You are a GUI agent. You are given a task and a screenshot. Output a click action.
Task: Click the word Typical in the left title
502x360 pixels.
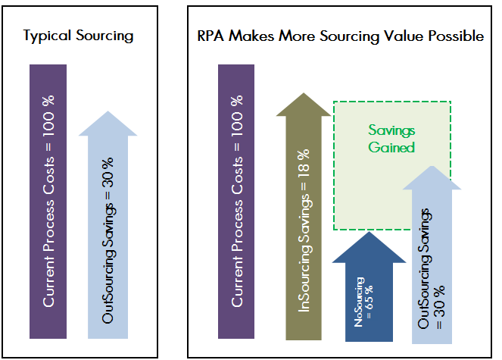(47, 36)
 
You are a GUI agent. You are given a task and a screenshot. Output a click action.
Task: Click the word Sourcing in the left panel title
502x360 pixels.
(104, 36)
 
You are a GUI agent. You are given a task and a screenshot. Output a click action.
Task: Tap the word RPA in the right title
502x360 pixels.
(210, 36)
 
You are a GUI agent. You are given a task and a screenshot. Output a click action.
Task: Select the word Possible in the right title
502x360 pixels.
(457, 36)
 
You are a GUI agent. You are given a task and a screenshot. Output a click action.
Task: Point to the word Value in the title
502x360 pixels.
(404, 36)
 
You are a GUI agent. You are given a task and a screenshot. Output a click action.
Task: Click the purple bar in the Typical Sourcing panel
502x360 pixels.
(48, 202)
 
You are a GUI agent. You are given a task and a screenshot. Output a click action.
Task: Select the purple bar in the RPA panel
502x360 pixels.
(236, 202)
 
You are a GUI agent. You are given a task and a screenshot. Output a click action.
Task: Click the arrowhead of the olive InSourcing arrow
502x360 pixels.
(304, 105)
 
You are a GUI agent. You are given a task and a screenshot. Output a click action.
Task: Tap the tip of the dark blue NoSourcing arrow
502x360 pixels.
(369, 232)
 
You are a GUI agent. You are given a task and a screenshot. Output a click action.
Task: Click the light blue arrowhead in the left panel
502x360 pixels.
(108, 124)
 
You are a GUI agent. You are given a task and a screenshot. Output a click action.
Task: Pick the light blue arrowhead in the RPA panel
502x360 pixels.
(432, 178)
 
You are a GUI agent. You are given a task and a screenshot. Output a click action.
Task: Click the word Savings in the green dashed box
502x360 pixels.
(391, 130)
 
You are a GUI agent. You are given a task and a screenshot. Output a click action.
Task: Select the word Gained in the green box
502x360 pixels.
(391, 148)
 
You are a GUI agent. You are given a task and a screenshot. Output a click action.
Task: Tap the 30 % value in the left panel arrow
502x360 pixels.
(108, 173)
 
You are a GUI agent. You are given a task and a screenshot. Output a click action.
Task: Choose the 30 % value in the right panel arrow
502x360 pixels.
(440, 301)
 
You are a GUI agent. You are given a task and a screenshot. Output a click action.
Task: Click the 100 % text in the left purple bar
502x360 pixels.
(48, 116)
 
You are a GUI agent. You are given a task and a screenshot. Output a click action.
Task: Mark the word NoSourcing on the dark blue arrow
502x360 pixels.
(359, 302)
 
